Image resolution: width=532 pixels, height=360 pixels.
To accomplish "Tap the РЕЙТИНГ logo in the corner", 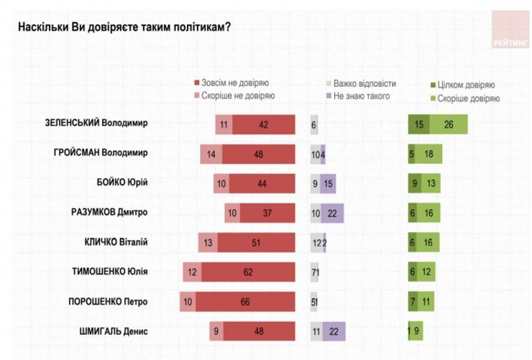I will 510,30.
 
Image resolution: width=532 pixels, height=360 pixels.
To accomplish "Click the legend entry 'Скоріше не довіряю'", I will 239,96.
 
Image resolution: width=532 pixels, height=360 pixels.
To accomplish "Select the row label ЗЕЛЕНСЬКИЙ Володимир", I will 96,124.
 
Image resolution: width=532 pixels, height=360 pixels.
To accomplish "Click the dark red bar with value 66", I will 244,302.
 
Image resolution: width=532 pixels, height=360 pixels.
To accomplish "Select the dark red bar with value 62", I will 248,272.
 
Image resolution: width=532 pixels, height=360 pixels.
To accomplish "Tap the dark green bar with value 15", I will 418,124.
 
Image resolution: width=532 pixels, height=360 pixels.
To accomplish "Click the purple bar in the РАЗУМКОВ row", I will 333,213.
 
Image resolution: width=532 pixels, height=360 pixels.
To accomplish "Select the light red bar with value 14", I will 211,154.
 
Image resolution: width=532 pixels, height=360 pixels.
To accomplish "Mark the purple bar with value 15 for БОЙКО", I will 329,183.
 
